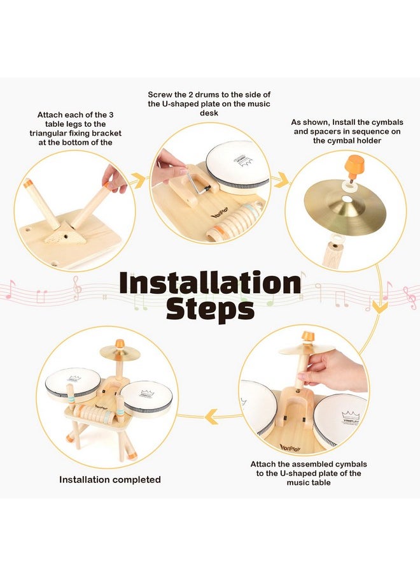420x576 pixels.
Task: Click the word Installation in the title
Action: (210, 282)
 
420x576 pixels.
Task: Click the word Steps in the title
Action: (210, 309)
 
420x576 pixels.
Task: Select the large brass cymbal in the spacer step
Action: (345, 205)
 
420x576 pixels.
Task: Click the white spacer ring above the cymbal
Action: (346, 186)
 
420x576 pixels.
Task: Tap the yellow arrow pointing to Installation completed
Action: (212, 417)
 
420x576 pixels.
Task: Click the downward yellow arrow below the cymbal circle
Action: (380, 306)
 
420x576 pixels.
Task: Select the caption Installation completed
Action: (110, 479)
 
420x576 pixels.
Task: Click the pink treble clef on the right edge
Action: (410, 297)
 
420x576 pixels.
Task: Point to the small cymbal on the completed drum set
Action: (120, 352)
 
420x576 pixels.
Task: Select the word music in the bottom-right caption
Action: (298, 482)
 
